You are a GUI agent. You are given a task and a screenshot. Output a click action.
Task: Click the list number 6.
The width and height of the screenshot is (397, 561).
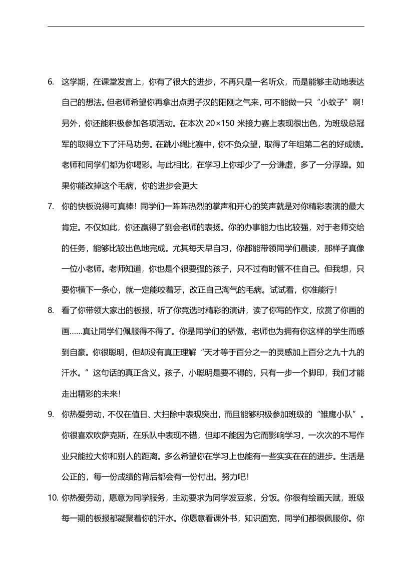tap(51, 81)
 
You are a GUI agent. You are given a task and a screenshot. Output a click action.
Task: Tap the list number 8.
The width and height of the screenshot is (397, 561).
tap(51, 310)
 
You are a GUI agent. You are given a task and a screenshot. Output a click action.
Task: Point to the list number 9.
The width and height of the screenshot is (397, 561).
tap(51, 414)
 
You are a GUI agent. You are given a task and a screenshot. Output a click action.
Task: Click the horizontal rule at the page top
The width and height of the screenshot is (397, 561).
tap(206, 26)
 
